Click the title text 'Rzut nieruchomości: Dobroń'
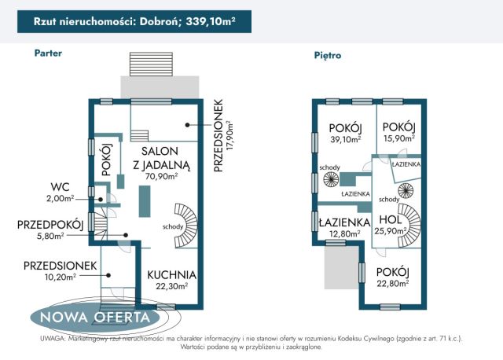click(105, 21)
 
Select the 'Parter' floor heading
click(48, 53)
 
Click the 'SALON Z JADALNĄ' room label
click(161, 157)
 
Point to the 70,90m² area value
click(161, 177)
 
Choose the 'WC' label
click(61, 187)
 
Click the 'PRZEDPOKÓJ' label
click(50, 225)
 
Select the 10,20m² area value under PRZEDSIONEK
click(61, 277)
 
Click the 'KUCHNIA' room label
click(172, 275)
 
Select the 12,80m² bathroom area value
click(344, 233)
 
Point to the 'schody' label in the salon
click(174, 227)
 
